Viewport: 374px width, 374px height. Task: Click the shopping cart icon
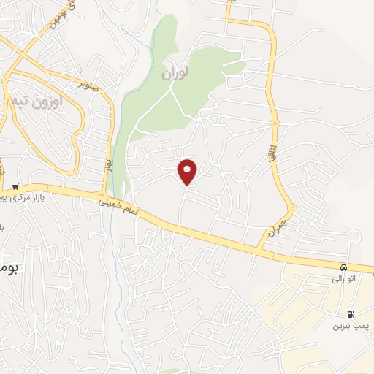(15, 186)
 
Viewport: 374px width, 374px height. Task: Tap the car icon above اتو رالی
(344, 267)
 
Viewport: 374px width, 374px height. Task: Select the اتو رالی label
(343, 279)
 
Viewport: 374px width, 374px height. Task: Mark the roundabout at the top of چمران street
(291, 210)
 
